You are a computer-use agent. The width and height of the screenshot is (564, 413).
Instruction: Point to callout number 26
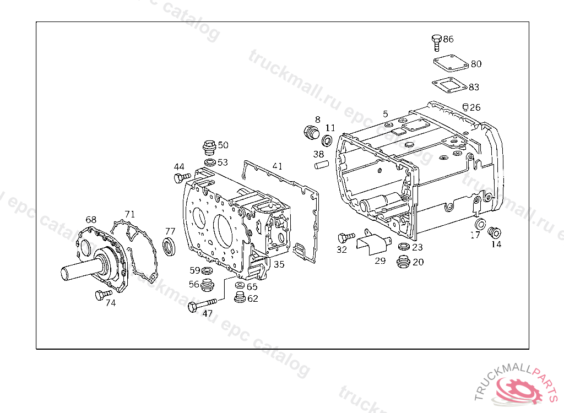tap(475, 107)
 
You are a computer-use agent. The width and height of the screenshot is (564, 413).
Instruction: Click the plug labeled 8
tap(311, 132)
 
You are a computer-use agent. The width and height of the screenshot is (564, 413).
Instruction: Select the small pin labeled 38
tap(321, 164)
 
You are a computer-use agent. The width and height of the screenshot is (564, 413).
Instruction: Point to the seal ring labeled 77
tap(169, 247)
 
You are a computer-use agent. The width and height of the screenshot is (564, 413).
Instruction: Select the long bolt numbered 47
tap(200, 305)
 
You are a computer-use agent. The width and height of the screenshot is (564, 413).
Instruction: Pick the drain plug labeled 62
tap(239, 298)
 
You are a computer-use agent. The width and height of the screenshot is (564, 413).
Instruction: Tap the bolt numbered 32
tap(346, 237)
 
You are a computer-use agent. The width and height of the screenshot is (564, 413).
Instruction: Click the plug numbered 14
tap(494, 233)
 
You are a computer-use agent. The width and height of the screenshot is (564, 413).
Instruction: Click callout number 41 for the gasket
tap(277, 166)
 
